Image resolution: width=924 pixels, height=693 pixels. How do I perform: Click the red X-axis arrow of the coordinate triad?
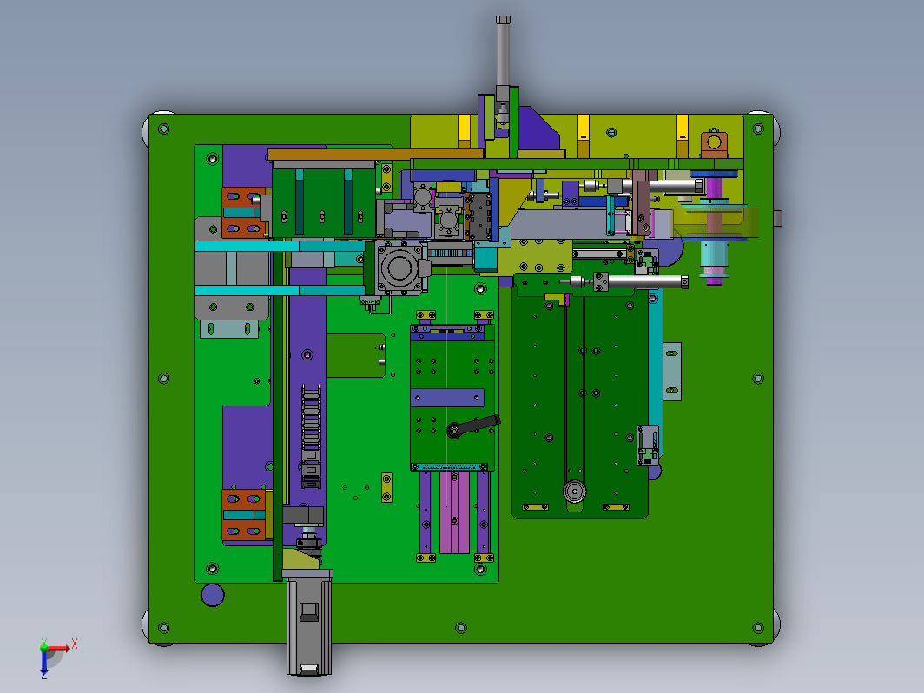[x=59, y=649]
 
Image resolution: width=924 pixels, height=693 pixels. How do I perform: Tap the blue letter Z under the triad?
[x=44, y=676]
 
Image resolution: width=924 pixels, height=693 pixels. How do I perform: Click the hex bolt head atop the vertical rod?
[x=503, y=20]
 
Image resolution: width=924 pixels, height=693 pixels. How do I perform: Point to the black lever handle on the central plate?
[x=473, y=426]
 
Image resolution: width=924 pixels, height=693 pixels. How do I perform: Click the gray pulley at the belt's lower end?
[x=575, y=491]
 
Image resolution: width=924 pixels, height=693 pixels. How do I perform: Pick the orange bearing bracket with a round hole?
[x=714, y=143]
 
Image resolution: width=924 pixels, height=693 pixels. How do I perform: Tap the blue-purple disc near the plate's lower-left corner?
[x=212, y=595]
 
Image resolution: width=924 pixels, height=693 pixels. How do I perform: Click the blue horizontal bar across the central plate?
[x=447, y=398]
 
